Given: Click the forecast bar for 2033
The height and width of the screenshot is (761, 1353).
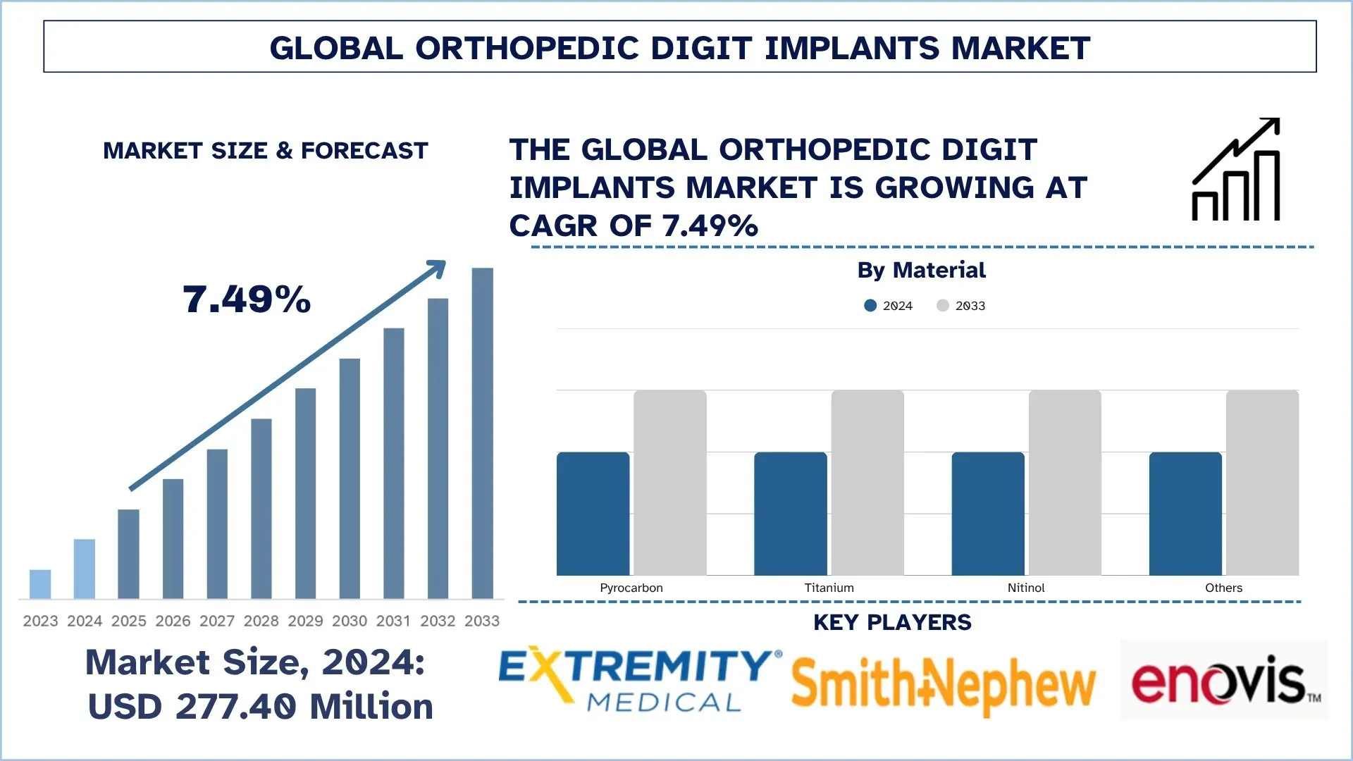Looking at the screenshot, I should tap(482, 433).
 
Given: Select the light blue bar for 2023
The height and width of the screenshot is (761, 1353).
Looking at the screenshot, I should tap(40, 584).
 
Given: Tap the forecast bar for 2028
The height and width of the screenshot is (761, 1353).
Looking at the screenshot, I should tap(261, 508).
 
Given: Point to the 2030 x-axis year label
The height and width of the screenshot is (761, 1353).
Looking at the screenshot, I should tap(350, 621).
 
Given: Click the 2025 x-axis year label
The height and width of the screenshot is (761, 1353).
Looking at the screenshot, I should tap(128, 621).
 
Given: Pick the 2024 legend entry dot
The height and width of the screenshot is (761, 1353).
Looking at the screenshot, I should tap(870, 306).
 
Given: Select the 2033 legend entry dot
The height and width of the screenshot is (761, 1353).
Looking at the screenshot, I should tap(943, 306).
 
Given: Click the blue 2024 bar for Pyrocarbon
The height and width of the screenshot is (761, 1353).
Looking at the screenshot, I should tap(593, 514).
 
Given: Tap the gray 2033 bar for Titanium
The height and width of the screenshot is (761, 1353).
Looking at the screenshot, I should tap(867, 483).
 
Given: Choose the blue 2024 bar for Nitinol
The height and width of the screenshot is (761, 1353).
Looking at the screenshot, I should tap(988, 514).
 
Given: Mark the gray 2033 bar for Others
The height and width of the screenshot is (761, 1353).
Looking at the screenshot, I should tap(1262, 483).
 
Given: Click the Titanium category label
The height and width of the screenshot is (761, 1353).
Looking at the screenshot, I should tap(829, 588).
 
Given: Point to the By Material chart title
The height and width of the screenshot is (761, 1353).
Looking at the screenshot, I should tap(921, 270).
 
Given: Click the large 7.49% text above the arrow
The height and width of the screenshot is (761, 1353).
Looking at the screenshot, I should tap(247, 299).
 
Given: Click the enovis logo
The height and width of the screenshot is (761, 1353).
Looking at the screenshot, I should tap(1225, 681).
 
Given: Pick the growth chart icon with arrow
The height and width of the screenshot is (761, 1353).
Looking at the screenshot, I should tap(1236, 170).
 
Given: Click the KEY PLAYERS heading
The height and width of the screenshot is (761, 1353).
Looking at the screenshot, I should tap(892, 623).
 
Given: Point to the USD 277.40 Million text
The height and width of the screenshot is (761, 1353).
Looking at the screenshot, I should tap(260, 707).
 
